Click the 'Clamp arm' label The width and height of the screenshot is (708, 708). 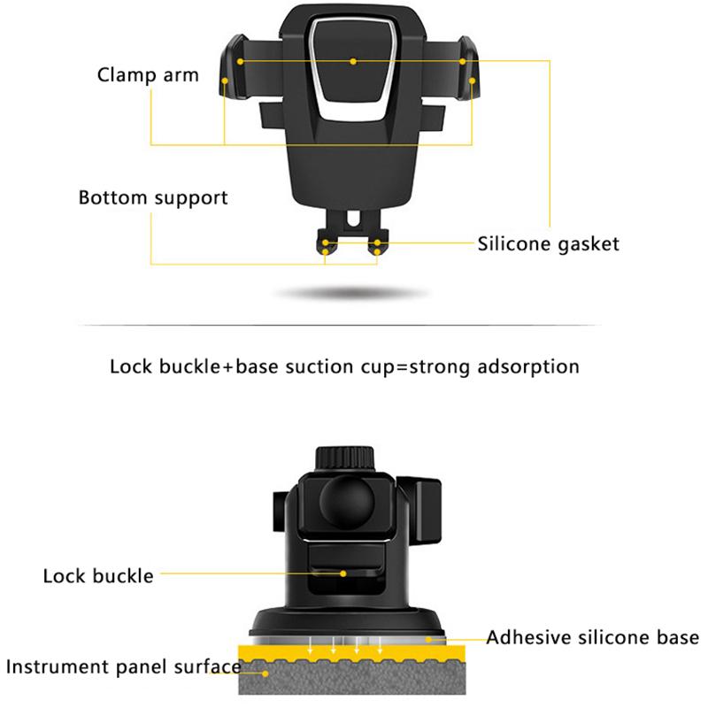(x=148, y=73)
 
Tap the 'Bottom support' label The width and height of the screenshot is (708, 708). (x=153, y=197)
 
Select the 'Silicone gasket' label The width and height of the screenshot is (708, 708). (x=549, y=243)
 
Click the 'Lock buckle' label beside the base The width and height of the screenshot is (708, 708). (x=98, y=576)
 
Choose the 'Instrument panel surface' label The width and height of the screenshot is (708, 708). (x=123, y=666)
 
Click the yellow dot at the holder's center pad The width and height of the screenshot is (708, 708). (x=353, y=61)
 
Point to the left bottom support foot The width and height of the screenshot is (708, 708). (x=327, y=242)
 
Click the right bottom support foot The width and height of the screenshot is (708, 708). (x=378, y=242)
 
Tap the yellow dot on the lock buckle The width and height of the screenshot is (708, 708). (x=342, y=573)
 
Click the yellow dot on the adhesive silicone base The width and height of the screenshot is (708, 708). (x=430, y=637)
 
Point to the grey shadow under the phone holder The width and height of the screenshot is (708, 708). (x=351, y=293)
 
